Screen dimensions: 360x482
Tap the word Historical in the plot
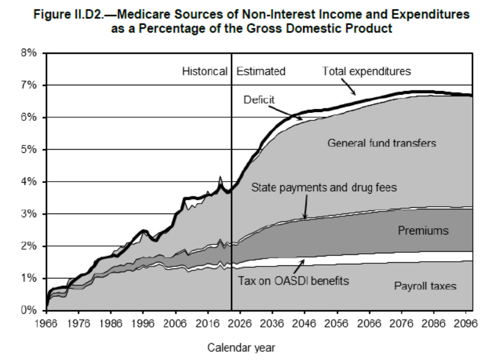coord(205,71)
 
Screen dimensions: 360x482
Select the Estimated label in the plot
coord(261,71)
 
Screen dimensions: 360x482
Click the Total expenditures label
coord(366,71)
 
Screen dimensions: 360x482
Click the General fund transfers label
coord(381,143)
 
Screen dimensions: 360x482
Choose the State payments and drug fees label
coord(324,187)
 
